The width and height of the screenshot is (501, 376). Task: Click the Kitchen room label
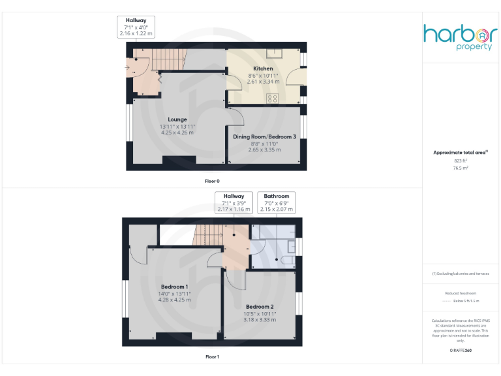click(x=264, y=69)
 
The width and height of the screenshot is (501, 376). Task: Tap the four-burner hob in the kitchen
click(x=273, y=99)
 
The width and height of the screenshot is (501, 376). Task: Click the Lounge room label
click(x=177, y=119)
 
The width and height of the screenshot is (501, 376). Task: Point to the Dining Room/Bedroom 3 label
click(x=265, y=136)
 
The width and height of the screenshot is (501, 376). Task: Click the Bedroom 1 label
click(x=175, y=287)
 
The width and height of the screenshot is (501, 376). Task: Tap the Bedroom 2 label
click(x=260, y=306)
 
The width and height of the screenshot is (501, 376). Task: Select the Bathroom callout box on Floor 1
click(x=277, y=202)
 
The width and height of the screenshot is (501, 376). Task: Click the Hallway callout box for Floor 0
click(x=136, y=27)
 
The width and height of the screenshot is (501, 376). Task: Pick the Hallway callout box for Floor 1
click(x=234, y=202)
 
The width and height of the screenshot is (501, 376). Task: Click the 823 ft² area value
click(x=461, y=161)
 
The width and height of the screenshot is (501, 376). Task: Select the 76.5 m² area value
click(x=461, y=168)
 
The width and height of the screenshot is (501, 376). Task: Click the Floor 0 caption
click(x=213, y=181)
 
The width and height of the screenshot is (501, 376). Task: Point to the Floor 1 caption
click(x=213, y=357)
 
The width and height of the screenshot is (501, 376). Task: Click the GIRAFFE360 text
click(x=461, y=351)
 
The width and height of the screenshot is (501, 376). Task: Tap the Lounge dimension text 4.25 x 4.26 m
click(x=177, y=133)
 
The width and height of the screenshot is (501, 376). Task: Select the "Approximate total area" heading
click(x=461, y=153)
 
